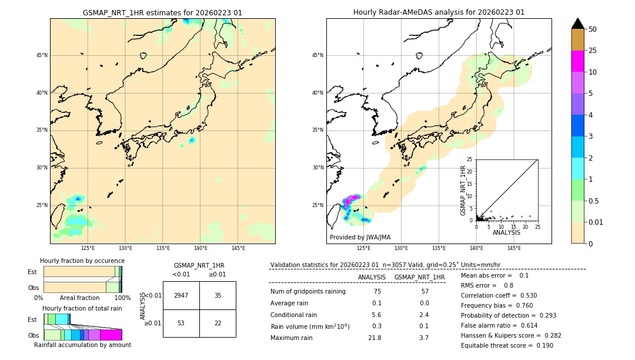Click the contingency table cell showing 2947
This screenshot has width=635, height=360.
point(181,295)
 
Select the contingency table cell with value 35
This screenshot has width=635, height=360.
point(218,295)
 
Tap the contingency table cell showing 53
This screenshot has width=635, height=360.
point(181,323)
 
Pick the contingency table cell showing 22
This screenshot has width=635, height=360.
point(218,323)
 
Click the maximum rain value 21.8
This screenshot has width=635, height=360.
point(374,338)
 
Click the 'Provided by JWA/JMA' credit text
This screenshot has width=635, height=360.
point(360,237)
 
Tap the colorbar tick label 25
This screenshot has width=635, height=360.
point(593,51)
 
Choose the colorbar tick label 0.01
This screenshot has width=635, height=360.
point(596,222)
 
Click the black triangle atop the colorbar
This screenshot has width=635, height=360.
point(578,24)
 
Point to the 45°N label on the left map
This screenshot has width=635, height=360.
point(42,55)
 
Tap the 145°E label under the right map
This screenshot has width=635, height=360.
point(514,248)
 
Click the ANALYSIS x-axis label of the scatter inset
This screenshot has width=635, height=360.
point(506,233)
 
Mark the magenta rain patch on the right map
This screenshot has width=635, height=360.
point(352,199)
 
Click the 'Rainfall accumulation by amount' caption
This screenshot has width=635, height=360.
point(83,345)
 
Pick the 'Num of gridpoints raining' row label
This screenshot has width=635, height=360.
point(308,291)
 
